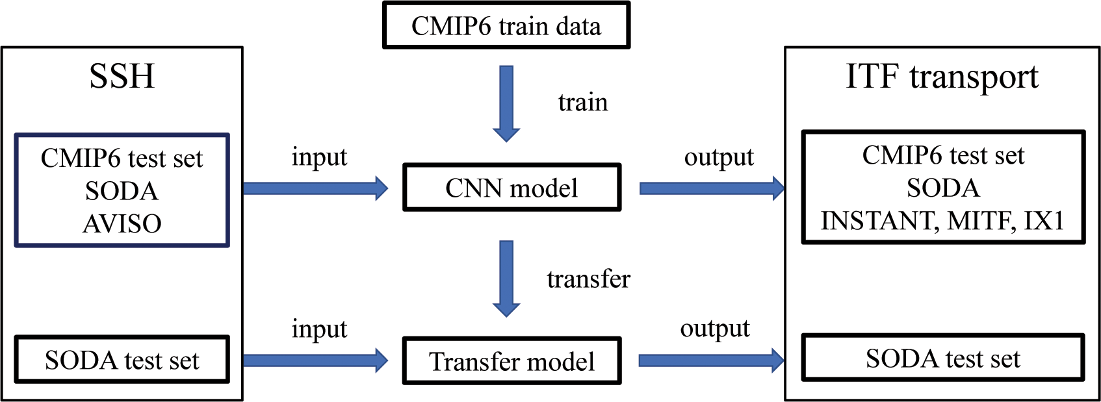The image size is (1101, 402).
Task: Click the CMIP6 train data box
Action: click(506, 26)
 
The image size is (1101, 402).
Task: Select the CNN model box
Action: click(512, 188)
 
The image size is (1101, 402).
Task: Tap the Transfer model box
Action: click(512, 361)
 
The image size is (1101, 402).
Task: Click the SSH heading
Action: click(122, 77)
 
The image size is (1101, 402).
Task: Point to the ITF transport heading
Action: click(942, 77)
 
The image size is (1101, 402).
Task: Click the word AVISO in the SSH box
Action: click(122, 223)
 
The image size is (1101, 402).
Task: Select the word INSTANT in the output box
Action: click(878, 221)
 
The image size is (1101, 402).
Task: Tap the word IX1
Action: click(1044, 221)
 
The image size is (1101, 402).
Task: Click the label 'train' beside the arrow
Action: click(583, 103)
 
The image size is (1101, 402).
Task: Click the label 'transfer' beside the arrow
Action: click(588, 279)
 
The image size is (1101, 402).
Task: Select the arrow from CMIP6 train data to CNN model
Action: click(506, 103)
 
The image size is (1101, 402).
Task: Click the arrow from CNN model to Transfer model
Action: click(506, 278)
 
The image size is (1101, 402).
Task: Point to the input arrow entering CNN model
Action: click(315, 188)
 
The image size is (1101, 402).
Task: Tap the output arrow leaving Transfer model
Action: click(711, 360)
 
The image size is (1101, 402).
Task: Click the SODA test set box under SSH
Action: click(122, 360)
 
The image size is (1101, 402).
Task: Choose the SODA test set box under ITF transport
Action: click(942, 358)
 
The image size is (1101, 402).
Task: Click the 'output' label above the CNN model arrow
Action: click(719, 157)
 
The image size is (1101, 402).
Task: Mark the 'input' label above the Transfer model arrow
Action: click(319, 329)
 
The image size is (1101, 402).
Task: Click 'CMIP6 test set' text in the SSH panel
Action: click(122, 158)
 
